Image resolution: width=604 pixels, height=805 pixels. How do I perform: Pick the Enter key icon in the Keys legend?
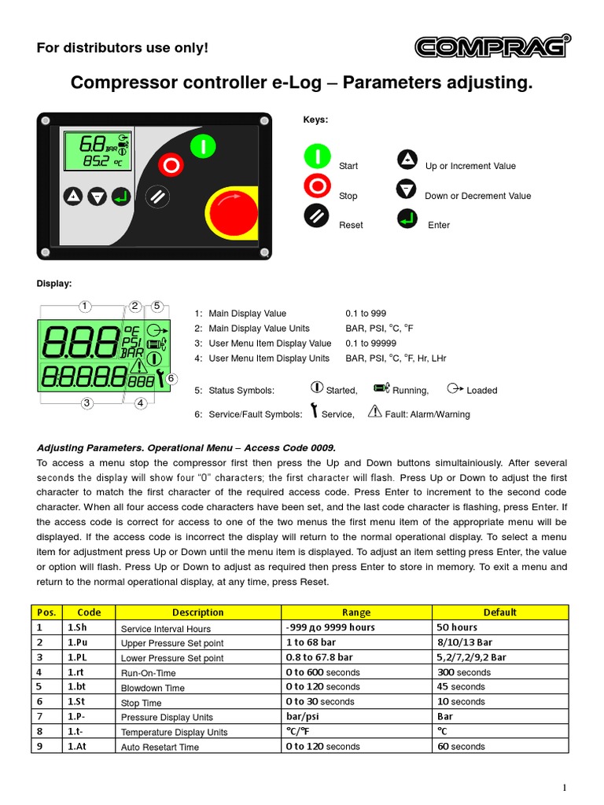(407, 219)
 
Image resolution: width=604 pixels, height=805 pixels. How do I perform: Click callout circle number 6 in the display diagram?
(171, 379)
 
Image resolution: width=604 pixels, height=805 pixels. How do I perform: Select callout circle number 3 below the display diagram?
(87, 403)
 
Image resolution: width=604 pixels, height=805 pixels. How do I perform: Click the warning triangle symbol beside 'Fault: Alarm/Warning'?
(374, 411)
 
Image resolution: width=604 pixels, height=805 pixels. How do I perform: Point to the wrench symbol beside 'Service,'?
(314, 411)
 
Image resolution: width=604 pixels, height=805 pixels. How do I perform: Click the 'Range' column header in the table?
(356, 612)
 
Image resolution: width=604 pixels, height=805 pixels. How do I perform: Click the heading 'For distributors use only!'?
(123, 48)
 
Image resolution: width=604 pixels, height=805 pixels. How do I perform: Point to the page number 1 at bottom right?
(565, 788)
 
